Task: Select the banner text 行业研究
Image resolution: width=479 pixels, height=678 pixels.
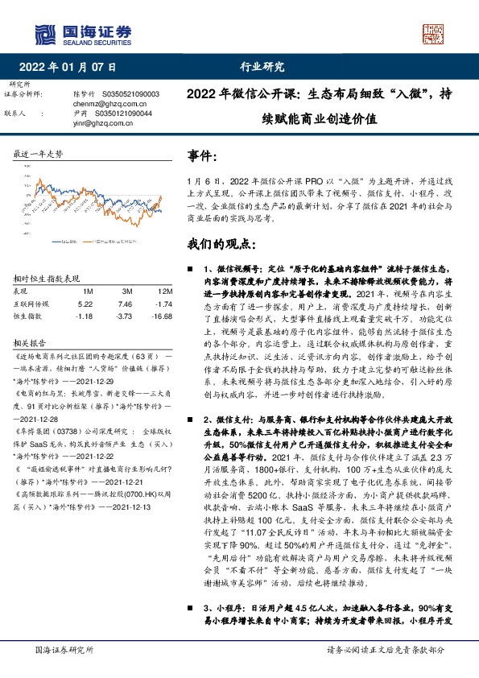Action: tap(262, 67)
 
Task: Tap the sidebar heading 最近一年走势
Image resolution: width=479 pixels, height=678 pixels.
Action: tap(38, 154)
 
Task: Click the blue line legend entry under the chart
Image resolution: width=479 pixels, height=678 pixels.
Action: tap(64, 240)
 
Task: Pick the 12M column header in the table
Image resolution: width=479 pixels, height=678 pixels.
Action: tap(164, 290)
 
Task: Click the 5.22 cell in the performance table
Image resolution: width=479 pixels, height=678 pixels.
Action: tap(85, 304)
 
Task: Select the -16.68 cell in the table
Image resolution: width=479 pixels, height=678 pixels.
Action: tap(163, 316)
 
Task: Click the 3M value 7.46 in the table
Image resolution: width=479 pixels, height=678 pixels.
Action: tap(124, 304)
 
